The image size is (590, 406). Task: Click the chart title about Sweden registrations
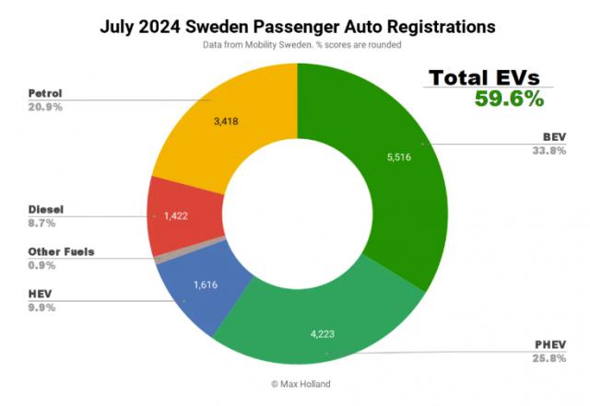pyautogui.click(x=297, y=27)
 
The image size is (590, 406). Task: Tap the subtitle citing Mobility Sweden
pyautogui.click(x=297, y=45)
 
